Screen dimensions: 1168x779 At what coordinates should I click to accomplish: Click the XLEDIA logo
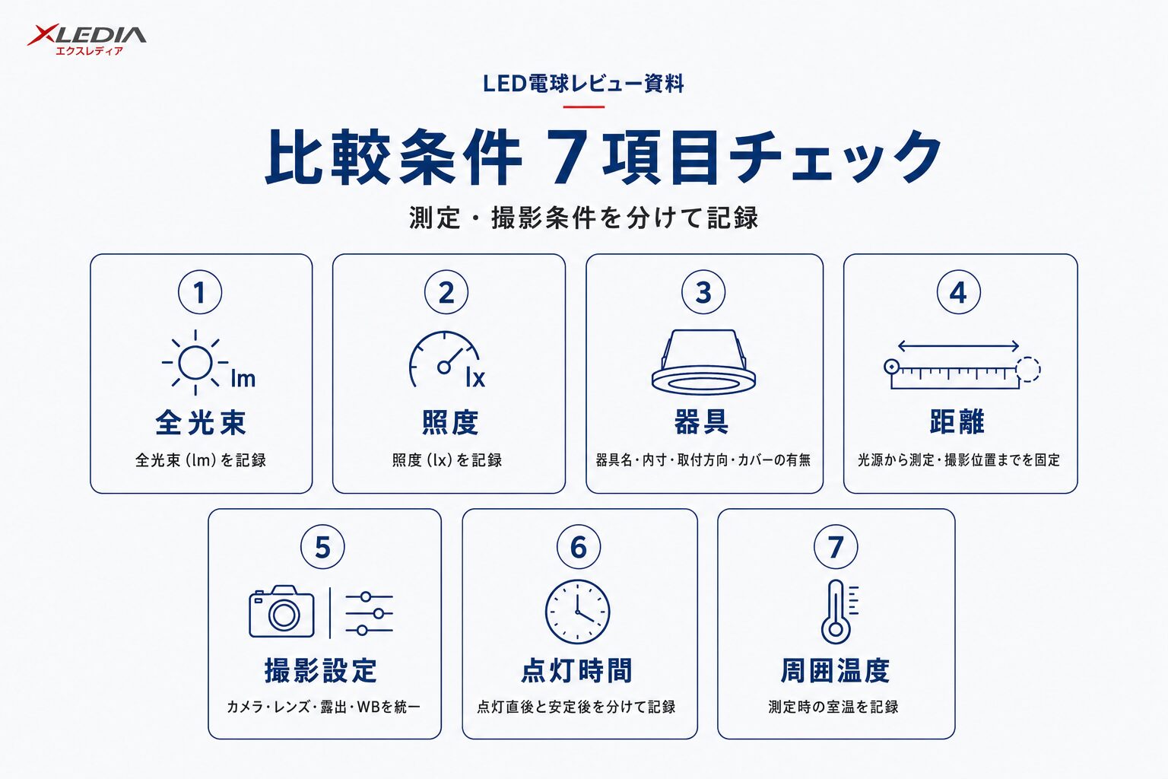(x=87, y=40)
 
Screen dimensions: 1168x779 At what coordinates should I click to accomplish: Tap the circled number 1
(x=200, y=292)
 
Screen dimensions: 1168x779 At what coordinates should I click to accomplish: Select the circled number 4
(x=958, y=292)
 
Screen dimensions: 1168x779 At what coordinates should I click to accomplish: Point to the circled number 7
(x=836, y=547)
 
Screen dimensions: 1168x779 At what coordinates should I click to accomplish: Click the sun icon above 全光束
(x=195, y=362)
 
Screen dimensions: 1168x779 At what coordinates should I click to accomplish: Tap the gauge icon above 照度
(x=444, y=359)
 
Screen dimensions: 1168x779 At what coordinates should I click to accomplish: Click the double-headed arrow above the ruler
(x=958, y=345)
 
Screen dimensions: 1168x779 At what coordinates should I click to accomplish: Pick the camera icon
(x=281, y=611)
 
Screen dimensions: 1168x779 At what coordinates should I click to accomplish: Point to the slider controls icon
(x=369, y=613)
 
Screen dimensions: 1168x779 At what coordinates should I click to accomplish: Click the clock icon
(x=578, y=612)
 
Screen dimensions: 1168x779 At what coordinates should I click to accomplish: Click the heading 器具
(x=702, y=421)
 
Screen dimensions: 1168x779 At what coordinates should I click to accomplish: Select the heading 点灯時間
(x=576, y=670)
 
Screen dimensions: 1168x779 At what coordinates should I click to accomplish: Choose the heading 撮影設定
(x=321, y=670)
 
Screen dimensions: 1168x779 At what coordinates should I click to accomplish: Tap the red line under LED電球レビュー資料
(x=583, y=107)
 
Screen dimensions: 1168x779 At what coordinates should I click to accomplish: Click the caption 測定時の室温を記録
(x=833, y=707)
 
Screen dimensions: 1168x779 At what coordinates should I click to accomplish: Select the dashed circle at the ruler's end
(x=1028, y=370)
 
